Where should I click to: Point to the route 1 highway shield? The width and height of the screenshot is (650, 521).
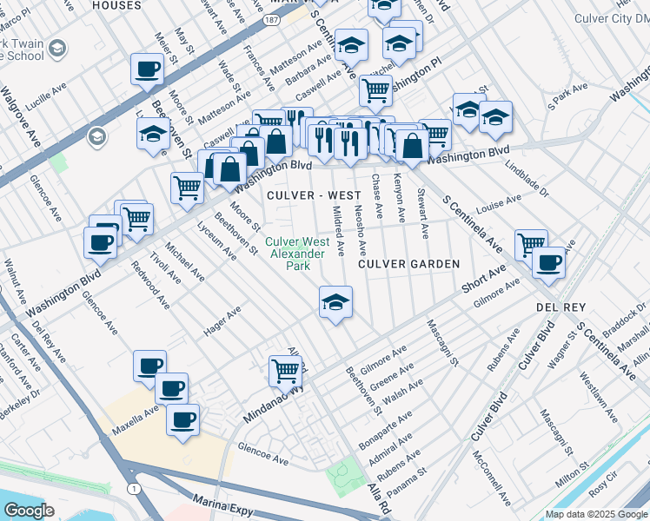click(133, 490)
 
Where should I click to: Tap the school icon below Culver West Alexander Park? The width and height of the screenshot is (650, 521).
click(335, 303)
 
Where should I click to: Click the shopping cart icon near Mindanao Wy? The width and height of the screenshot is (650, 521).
click(285, 371)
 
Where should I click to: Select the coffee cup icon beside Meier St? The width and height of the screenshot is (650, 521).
click(147, 69)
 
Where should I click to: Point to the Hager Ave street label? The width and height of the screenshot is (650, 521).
click(222, 323)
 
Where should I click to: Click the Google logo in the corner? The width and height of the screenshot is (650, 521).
click(30, 511)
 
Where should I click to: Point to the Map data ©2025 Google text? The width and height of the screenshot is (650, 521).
click(595, 514)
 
